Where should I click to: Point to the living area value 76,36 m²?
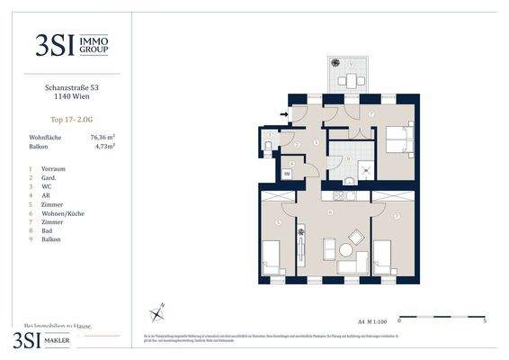[x=105, y=138]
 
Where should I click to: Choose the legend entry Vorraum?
[x=53, y=168]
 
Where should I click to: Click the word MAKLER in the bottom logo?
[x=66, y=340]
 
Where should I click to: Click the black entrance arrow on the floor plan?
[x=285, y=114]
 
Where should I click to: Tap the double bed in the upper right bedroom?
[x=398, y=139]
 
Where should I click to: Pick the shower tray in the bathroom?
[x=367, y=169]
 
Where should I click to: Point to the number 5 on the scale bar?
[x=485, y=319]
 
